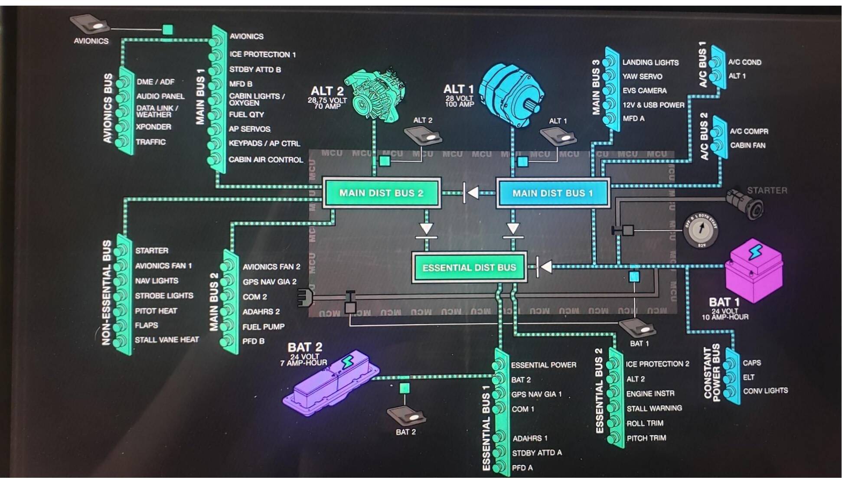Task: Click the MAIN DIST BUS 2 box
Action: click(381, 193)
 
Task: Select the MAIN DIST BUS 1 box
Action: click(552, 193)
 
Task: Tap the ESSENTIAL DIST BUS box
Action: click(469, 268)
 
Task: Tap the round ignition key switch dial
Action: click(700, 230)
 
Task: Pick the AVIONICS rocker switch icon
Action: click(90, 24)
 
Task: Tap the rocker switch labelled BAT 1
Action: click(637, 328)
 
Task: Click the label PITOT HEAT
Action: click(156, 311)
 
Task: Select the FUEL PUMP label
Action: click(264, 327)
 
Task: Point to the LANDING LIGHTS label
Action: click(650, 62)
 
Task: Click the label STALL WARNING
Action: click(654, 408)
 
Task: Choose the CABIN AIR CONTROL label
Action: click(266, 160)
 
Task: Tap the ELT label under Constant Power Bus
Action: click(749, 377)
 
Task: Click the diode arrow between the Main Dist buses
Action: click(472, 193)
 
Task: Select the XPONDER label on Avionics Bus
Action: click(153, 127)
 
